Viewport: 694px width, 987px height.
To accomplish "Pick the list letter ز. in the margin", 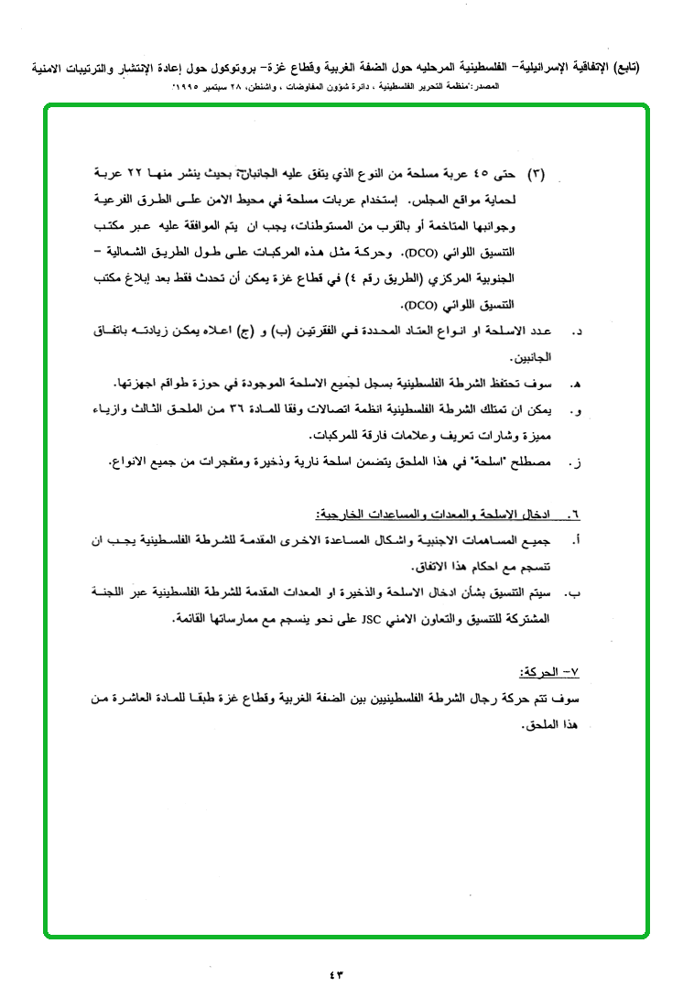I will [x=576, y=463].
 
